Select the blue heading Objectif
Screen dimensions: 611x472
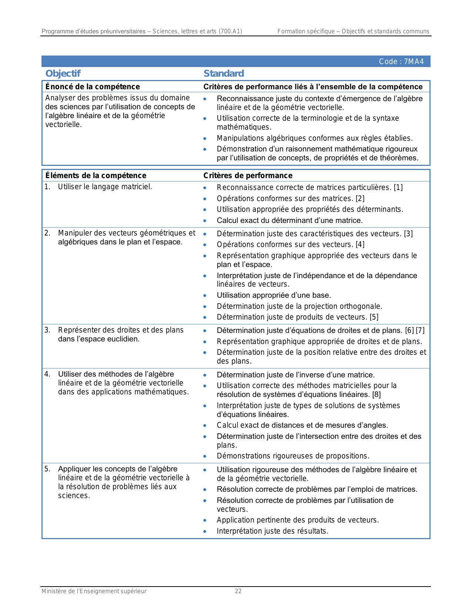(63, 74)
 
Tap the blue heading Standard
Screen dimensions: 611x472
(224, 74)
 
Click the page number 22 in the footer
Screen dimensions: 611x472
(238, 591)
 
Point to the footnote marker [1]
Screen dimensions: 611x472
(398, 188)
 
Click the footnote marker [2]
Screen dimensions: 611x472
(360, 199)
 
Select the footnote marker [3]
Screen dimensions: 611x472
(408, 234)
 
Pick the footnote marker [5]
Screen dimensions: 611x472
(374, 317)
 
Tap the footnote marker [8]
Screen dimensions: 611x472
(376, 395)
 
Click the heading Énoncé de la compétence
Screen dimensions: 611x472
(93, 87)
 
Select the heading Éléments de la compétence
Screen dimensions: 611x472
(96, 176)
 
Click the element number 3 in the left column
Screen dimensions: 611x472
(47, 330)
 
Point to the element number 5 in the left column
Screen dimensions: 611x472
(47, 469)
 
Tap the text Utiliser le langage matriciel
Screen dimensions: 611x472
(105, 187)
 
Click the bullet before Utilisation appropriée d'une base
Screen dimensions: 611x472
(205, 296)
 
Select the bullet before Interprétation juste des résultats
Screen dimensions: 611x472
(205, 532)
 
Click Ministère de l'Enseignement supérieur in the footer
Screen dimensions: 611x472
(94, 591)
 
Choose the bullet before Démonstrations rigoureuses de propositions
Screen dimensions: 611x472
(205, 457)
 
